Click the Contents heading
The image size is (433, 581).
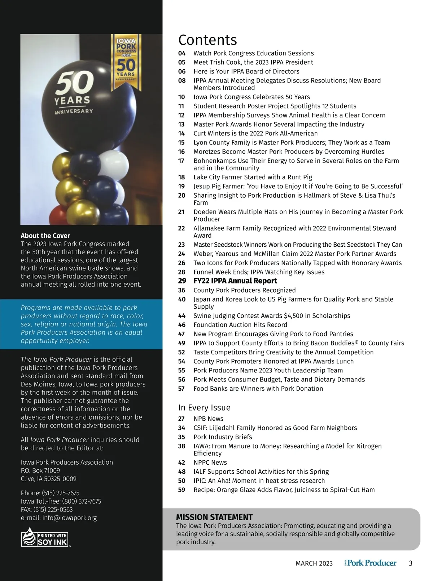207,40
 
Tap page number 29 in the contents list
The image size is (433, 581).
182,281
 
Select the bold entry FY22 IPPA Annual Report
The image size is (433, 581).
235,281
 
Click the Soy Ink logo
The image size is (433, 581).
45,537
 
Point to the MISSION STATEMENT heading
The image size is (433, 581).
214,517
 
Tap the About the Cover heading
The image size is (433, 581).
45,236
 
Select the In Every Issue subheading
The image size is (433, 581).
204,408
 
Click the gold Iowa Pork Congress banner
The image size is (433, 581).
126,62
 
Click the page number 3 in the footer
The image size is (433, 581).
410,563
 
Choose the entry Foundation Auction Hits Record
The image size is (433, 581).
240,325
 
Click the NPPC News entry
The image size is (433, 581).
210,462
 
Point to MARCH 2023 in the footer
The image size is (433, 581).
314,563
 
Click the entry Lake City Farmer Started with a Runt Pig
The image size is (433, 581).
253,177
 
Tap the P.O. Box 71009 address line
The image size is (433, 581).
40,470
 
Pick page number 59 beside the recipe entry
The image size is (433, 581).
181,490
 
